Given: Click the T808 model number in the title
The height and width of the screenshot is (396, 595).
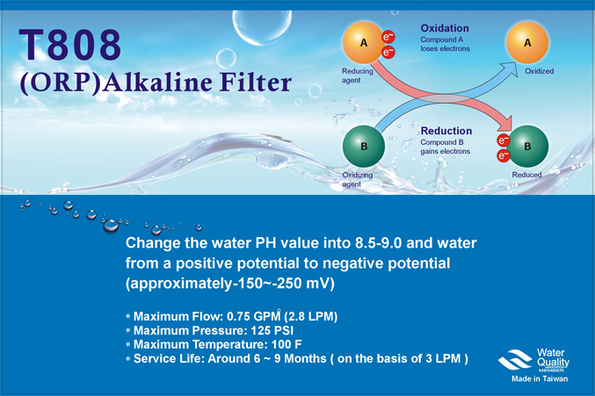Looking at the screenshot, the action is (70, 45).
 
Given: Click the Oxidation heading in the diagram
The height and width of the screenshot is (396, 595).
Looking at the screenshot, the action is (445, 28).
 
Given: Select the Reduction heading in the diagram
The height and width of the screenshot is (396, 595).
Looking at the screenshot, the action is (446, 131).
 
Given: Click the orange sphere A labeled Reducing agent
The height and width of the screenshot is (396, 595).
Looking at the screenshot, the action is (363, 42).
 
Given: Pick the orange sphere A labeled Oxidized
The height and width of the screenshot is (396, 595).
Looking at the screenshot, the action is (527, 42).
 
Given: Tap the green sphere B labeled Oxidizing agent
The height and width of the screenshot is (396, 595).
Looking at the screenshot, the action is (364, 146).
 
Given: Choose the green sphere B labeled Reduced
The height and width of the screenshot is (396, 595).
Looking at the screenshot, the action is (527, 146).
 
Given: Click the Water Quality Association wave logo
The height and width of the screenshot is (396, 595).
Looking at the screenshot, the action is (515, 359).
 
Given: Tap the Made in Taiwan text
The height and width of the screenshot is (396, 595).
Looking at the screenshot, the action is (540, 378).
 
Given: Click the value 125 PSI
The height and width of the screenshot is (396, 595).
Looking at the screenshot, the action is (272, 330).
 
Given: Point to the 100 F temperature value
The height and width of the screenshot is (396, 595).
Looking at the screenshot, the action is (287, 344).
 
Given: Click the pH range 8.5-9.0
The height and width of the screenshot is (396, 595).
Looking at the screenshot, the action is (378, 243).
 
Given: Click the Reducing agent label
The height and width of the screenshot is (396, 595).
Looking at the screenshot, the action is (357, 76).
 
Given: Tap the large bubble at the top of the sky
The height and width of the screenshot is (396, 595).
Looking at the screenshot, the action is (262, 25).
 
